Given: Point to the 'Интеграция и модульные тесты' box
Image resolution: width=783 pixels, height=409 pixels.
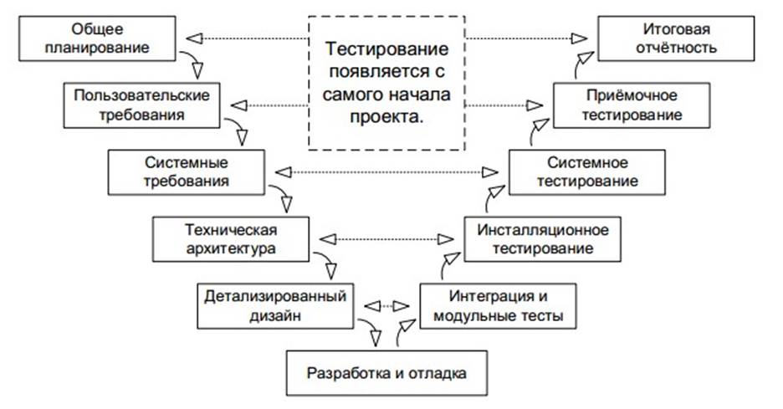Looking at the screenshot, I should click(x=498, y=306).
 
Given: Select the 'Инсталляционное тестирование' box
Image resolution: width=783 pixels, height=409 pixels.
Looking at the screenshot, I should click(x=542, y=238).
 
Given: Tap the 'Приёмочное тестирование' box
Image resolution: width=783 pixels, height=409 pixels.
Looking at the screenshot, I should click(x=631, y=105).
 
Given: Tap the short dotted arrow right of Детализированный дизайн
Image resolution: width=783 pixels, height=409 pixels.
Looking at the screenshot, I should click(x=386, y=304).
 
